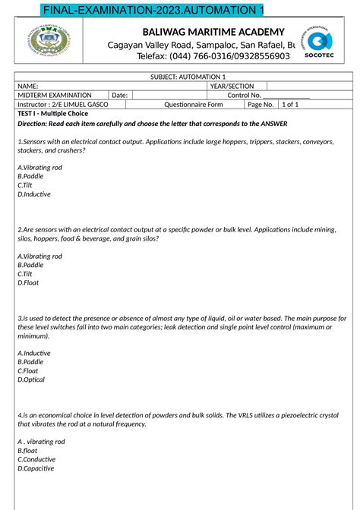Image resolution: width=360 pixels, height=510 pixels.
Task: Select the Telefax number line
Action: click(213, 56)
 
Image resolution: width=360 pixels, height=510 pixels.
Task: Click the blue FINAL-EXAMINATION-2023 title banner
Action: click(143, 9)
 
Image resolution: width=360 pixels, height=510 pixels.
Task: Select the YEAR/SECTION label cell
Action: click(232, 87)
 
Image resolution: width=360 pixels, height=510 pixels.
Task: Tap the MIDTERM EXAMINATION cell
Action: click(55, 96)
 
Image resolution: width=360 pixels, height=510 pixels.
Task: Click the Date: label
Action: click(119, 96)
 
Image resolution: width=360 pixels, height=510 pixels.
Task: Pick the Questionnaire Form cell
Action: click(194, 105)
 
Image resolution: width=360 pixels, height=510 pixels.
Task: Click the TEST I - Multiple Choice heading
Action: click(55, 113)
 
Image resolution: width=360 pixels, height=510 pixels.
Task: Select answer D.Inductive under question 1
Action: click(33, 194)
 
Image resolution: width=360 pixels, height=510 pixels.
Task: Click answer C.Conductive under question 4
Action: click(36, 459)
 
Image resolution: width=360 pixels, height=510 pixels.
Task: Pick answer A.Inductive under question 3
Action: click(33, 353)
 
